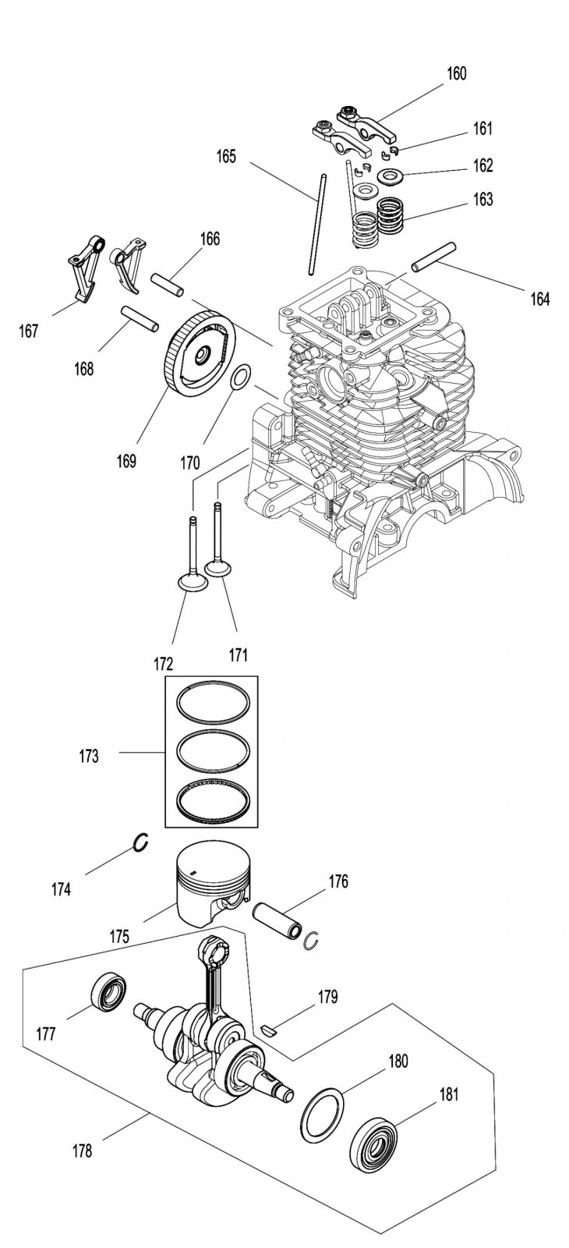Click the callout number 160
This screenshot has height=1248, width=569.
pyautogui.click(x=457, y=73)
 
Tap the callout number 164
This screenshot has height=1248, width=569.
pyautogui.click(x=539, y=300)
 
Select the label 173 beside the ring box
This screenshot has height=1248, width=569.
pyautogui.click(x=89, y=756)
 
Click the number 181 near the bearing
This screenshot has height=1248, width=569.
pyautogui.click(x=449, y=1094)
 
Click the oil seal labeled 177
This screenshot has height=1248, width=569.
pyautogui.click(x=108, y=992)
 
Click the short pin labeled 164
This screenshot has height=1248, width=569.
pyautogui.click(x=433, y=257)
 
